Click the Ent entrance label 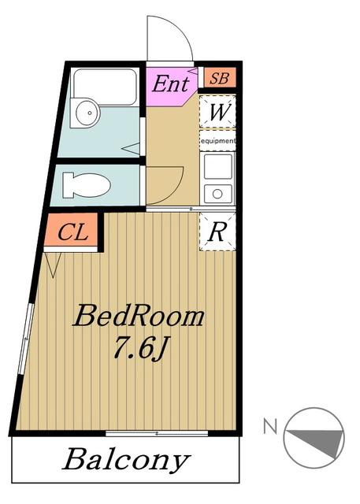point(170,83)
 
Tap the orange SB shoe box point(220,77)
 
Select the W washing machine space point(217,111)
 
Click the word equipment point(218,141)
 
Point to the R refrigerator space point(217,232)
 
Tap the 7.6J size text point(139,348)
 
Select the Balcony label point(126,460)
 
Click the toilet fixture point(87,185)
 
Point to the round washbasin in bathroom point(88,113)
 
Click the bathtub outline point(105,86)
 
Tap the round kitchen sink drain point(217,194)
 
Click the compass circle point(314,438)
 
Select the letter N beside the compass point(270,427)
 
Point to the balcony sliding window point(157,433)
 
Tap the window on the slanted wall point(26,338)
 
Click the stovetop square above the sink point(218,167)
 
